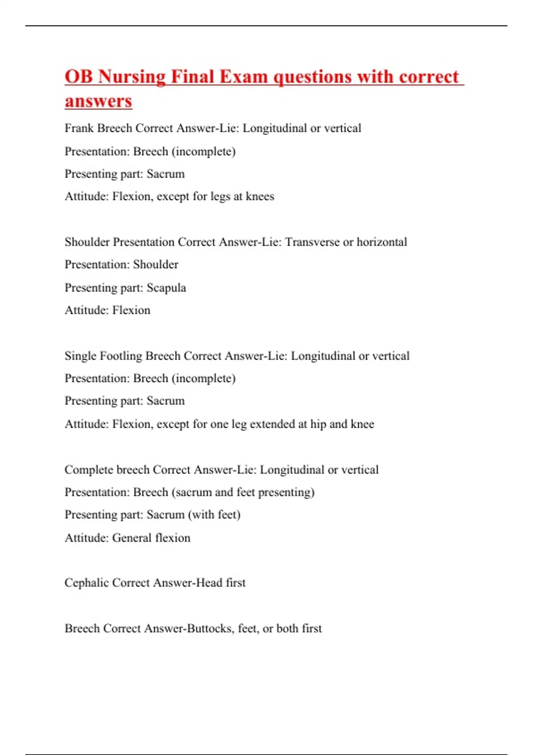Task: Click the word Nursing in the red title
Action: click(131, 77)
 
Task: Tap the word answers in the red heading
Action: click(98, 101)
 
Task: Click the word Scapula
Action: click(166, 288)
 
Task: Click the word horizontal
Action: click(382, 242)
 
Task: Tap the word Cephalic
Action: click(87, 583)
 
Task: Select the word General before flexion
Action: click(131, 538)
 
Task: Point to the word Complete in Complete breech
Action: click(88, 470)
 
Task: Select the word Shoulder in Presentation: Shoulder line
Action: click(155, 265)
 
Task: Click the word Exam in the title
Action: click(243, 77)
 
